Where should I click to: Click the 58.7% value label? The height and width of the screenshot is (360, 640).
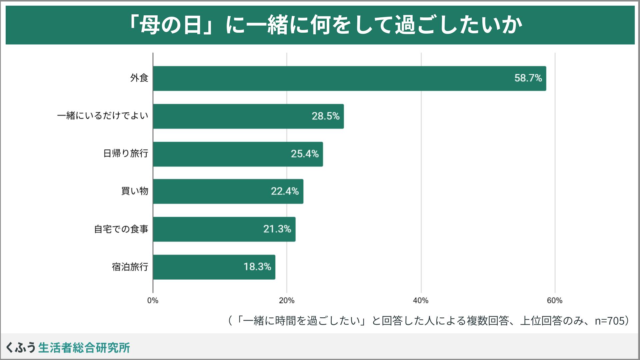coord(528,78)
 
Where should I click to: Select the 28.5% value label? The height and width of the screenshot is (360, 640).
coord(325,116)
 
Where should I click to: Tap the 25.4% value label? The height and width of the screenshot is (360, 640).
coord(305,154)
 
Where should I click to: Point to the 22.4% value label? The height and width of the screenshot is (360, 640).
coord(285,191)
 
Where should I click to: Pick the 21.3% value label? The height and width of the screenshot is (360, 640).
coord(277,229)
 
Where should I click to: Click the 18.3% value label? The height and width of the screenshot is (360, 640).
coord(257,267)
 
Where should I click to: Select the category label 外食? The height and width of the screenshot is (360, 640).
coord(139,78)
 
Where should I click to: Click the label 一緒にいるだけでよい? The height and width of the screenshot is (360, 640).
coord(102,116)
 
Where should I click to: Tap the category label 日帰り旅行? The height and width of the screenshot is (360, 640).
coord(125,154)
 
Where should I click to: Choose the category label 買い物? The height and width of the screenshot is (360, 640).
coord(134,191)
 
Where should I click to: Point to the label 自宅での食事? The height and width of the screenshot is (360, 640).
coord(121,229)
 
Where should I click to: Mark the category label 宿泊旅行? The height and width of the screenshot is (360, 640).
coord(130,267)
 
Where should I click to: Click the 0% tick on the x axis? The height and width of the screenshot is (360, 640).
coord(153,301)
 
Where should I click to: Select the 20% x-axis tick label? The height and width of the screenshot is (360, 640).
coord(287,301)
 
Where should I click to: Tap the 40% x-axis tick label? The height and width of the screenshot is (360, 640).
coord(421,301)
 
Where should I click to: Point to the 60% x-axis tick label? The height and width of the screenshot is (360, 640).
coord(555,301)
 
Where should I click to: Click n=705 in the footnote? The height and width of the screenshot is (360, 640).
coord(609,321)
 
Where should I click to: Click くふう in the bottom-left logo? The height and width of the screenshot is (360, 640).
coord(21,348)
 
